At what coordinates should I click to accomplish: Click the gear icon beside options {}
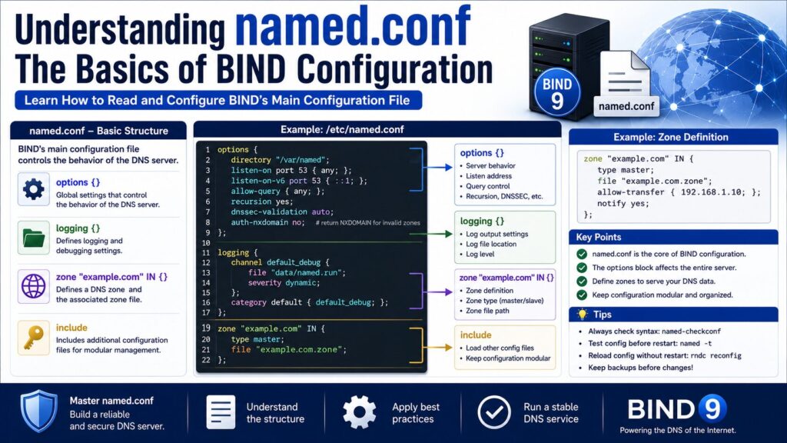[34, 189]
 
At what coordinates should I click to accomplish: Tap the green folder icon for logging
[34, 238]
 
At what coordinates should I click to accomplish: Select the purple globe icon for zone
[34, 286]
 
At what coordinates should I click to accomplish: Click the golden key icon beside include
[34, 338]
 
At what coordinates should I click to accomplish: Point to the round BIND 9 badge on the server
[557, 93]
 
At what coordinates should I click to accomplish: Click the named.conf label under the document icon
[626, 106]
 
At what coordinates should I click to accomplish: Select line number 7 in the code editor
[208, 212]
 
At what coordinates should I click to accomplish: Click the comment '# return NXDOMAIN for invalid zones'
[368, 222]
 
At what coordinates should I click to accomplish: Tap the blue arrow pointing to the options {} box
[438, 167]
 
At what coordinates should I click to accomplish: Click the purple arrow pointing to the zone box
[438, 291]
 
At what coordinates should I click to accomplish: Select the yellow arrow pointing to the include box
[438, 347]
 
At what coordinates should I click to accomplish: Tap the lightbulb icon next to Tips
[583, 315]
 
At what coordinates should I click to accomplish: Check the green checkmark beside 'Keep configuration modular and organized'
[582, 295]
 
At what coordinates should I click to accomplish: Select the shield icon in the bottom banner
[38, 411]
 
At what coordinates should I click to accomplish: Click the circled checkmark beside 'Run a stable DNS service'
[494, 412]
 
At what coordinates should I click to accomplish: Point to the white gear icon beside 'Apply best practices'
[360, 412]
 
